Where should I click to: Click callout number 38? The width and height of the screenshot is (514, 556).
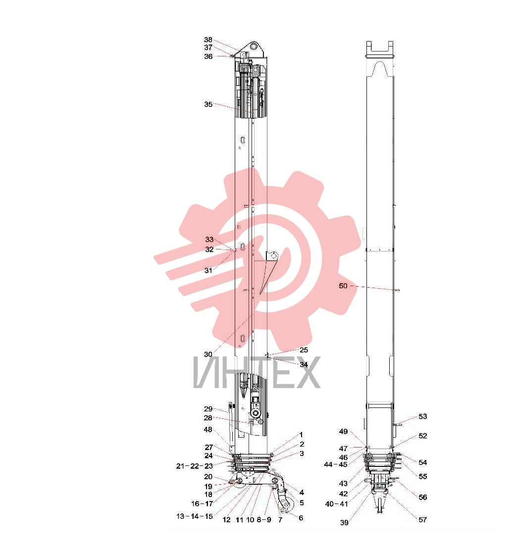click(x=208, y=40)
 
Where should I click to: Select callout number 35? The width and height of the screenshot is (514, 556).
click(x=208, y=104)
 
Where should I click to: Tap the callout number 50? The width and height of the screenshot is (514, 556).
click(x=343, y=286)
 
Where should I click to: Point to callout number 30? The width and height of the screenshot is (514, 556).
click(x=208, y=354)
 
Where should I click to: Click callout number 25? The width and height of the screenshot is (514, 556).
click(x=304, y=350)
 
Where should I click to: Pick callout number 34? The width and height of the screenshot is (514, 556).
click(x=304, y=364)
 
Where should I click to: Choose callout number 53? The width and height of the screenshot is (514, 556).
click(x=423, y=416)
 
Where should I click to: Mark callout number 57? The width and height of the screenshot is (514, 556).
click(x=423, y=519)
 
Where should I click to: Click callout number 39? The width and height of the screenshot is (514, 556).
click(x=344, y=522)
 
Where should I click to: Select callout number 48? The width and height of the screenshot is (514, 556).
click(x=208, y=429)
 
